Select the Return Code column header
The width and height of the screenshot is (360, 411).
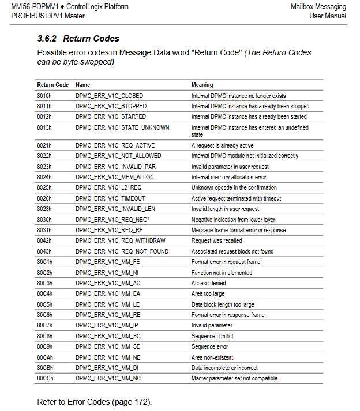(x=52, y=85)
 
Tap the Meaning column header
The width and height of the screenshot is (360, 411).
(x=202, y=85)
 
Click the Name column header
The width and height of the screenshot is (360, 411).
(x=82, y=85)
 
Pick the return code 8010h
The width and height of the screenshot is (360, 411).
(x=44, y=96)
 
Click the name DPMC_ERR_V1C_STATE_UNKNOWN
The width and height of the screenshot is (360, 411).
(x=122, y=127)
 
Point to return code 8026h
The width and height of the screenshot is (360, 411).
(x=44, y=198)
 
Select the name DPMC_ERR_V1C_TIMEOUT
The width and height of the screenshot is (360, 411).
(x=110, y=198)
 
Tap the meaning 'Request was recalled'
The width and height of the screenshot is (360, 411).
(x=216, y=240)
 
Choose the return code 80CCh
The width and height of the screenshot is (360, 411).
(x=45, y=378)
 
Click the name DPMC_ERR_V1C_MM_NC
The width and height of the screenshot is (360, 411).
(x=108, y=378)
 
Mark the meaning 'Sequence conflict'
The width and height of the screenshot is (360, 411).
(x=212, y=336)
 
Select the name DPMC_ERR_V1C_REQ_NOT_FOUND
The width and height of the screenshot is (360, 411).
(x=122, y=251)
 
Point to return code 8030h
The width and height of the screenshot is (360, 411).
(x=44, y=220)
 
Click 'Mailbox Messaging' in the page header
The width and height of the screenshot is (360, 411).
(x=319, y=7)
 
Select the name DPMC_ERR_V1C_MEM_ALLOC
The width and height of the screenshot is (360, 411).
(x=114, y=177)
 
